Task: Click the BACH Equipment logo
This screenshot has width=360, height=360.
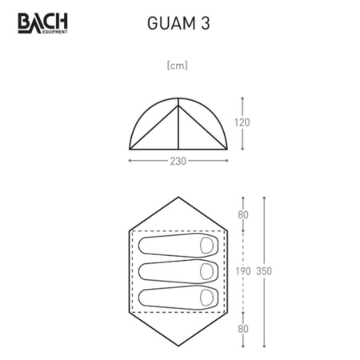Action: point(42,23)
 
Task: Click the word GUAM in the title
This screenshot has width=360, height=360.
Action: point(171,23)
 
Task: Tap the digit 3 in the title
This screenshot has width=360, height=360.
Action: point(206,23)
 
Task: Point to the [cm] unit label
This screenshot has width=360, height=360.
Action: point(178,66)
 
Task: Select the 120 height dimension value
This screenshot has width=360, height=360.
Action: point(242,122)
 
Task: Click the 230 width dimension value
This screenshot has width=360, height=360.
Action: point(178,161)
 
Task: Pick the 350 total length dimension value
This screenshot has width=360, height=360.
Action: point(264,271)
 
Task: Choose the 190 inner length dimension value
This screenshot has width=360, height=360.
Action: point(243,271)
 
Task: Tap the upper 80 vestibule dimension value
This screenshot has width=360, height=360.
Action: point(243,214)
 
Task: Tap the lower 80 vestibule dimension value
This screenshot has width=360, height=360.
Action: point(243,329)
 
